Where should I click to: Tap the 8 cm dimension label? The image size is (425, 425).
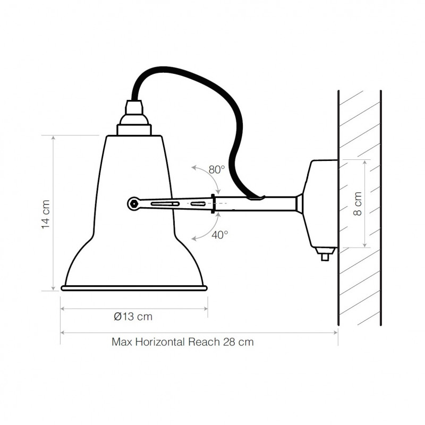358,204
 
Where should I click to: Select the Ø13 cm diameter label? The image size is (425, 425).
133,317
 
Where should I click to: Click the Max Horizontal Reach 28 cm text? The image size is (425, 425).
182,342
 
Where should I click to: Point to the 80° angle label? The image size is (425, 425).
217,170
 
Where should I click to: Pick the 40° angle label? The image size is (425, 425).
219,234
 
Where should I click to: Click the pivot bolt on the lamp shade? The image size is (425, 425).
134,202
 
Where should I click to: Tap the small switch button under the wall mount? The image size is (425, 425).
325,257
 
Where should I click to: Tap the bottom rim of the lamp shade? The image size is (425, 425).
134,288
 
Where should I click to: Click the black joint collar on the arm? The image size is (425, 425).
214,203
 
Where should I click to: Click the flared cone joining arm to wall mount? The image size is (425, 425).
299,203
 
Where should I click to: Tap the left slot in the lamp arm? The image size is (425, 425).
165,203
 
